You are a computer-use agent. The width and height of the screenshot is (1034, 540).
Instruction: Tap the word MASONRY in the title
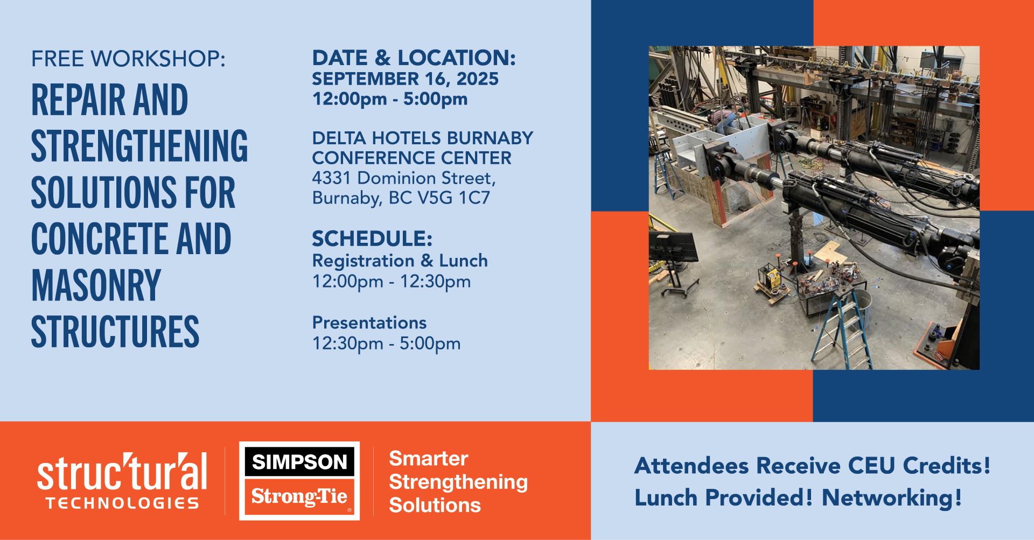pyautogui.click(x=96, y=285)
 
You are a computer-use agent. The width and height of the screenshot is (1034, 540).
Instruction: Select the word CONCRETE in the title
pyautogui.click(x=97, y=239)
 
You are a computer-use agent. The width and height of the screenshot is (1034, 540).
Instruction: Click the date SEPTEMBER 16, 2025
pyautogui.click(x=405, y=79)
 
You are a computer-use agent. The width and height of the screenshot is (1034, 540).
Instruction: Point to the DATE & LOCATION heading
pyautogui.click(x=414, y=58)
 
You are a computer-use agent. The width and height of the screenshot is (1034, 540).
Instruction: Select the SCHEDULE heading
pyautogui.click(x=372, y=239)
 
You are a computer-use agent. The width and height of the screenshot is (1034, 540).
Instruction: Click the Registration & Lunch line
pyautogui.click(x=400, y=261)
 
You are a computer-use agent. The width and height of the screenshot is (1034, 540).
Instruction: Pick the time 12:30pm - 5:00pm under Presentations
pyautogui.click(x=386, y=343)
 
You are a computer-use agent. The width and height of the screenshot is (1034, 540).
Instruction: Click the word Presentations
pyautogui.click(x=369, y=322)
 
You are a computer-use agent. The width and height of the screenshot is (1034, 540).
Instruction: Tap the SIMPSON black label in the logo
pyautogui.click(x=299, y=462)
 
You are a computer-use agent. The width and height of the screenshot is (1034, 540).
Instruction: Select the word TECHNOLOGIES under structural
pyautogui.click(x=122, y=503)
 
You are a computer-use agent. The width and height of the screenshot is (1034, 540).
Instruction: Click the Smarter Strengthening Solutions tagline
pyautogui.click(x=458, y=482)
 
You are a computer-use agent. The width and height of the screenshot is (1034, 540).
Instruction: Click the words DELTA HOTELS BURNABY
pyautogui.click(x=423, y=138)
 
